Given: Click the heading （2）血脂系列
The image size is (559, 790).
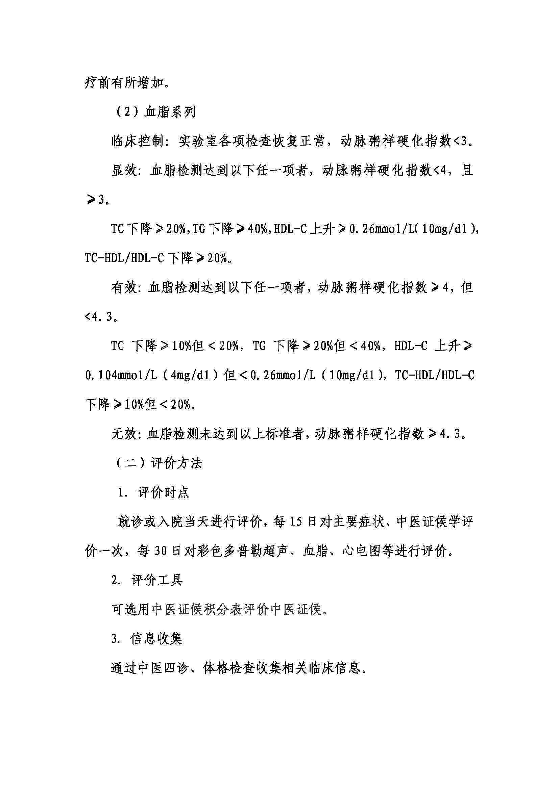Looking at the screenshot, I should tap(154, 112).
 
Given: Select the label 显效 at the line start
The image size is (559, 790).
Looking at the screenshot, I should tap(124, 170).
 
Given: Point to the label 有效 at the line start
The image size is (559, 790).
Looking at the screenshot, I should tap(124, 287).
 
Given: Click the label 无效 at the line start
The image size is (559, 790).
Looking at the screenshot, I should tap(124, 434).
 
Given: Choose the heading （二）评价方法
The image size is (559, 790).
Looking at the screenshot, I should tap(157, 463).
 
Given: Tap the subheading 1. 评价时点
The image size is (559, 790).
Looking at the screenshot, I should tap(153, 493).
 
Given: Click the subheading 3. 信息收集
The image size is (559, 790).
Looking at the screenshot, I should tap(147, 639).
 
